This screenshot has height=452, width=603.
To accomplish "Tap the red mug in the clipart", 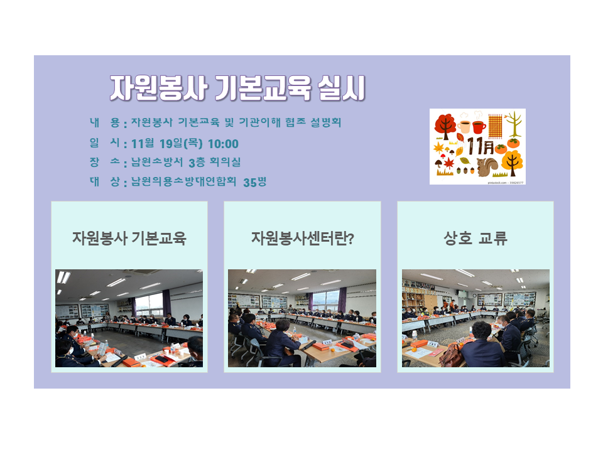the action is (x=479, y=127).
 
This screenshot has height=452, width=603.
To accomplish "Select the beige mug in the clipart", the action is (x=464, y=127).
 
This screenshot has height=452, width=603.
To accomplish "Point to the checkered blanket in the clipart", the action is (x=495, y=126).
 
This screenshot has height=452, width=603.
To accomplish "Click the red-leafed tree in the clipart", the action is (x=445, y=126).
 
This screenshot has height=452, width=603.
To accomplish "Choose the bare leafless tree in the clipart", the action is (x=513, y=124).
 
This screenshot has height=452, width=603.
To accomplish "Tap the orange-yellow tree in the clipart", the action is (x=513, y=163).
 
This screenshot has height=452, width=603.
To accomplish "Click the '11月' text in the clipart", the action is (x=481, y=146).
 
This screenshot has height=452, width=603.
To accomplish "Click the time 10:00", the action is (x=223, y=144).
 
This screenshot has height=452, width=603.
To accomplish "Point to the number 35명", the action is (x=254, y=182).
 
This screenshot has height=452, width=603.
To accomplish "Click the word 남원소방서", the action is (x=157, y=162).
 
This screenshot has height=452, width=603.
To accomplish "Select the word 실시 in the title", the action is (x=341, y=89).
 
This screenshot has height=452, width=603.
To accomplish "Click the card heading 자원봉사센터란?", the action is (x=302, y=239).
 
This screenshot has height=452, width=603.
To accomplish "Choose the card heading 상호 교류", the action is (x=475, y=239).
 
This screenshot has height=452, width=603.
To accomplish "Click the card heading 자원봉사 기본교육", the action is (x=129, y=239).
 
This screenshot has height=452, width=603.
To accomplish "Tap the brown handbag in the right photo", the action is (x=451, y=355).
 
